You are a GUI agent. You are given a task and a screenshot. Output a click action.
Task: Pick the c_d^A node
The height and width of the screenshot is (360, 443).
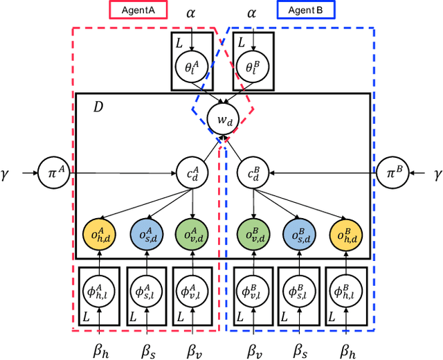tap(193, 171)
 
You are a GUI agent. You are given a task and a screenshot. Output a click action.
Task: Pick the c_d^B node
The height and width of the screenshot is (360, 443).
tap(252, 171)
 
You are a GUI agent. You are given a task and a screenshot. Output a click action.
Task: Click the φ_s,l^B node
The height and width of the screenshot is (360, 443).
tap(298, 289)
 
